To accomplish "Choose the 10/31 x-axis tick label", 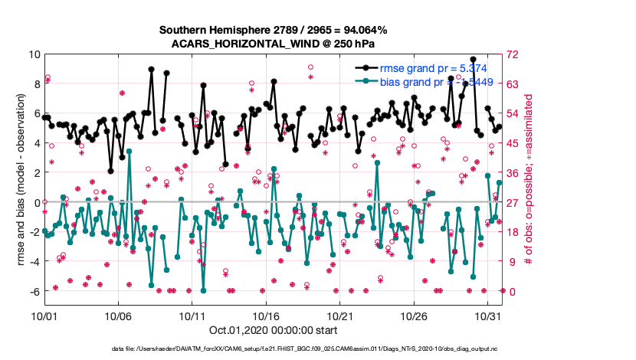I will (x=488, y=316).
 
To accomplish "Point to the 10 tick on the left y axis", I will (x=34, y=54).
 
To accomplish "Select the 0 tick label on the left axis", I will (x=36, y=203).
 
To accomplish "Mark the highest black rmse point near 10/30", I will (x=474, y=59).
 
